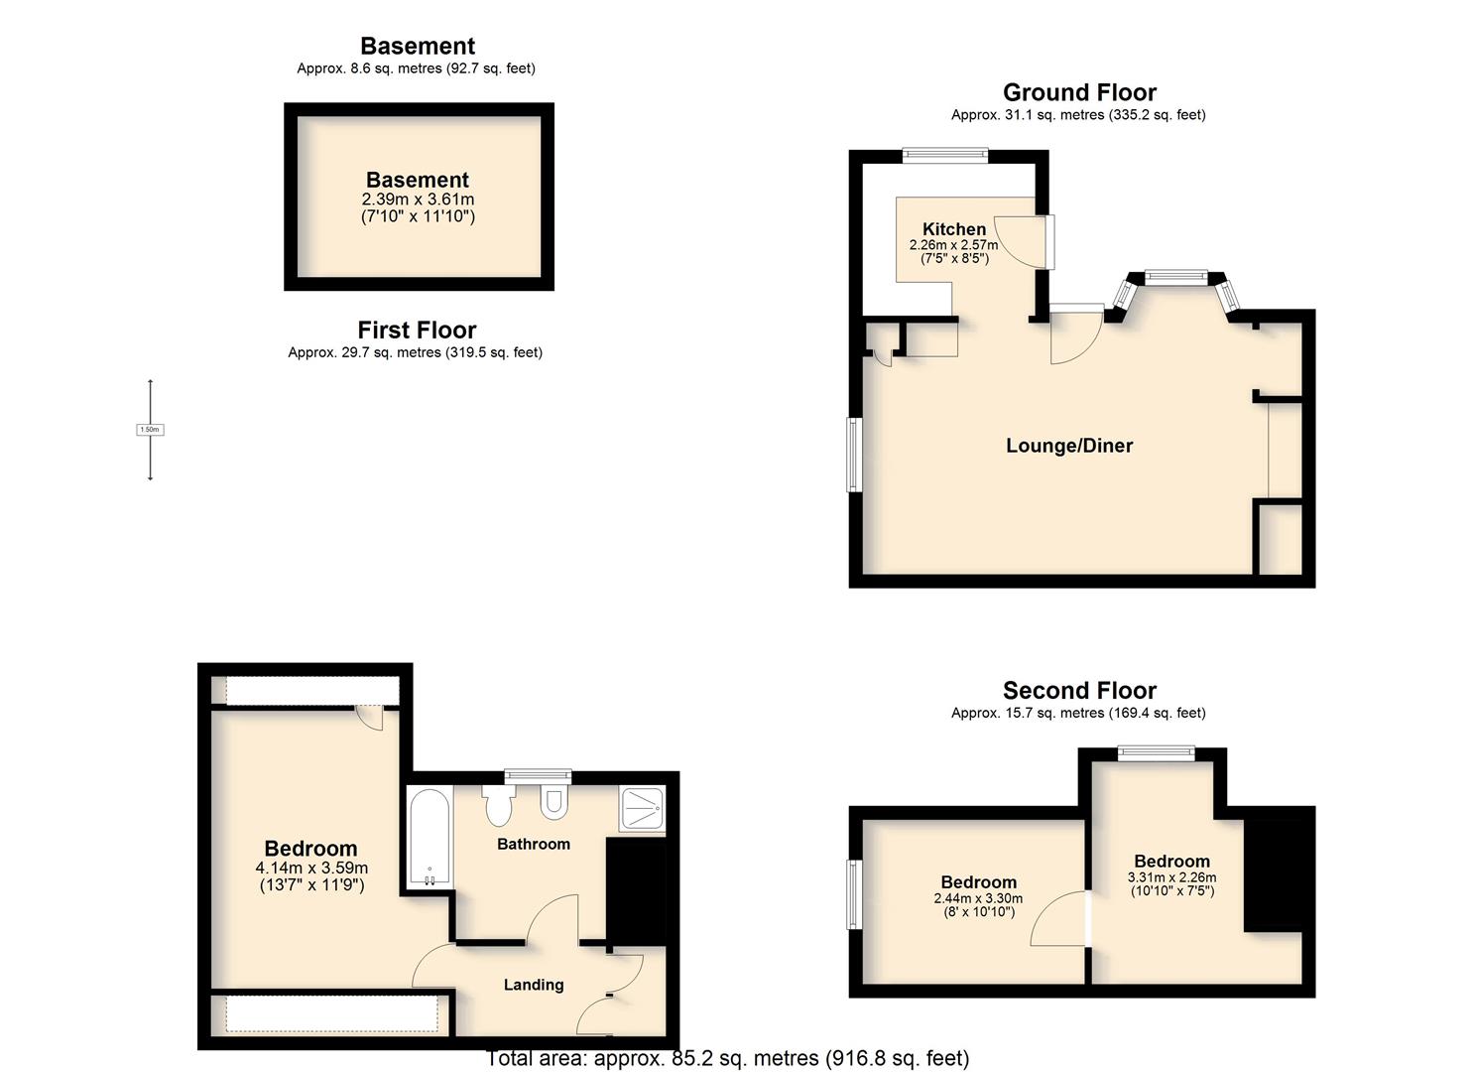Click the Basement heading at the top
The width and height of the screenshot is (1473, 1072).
click(x=418, y=46)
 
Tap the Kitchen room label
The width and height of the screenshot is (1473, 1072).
click(x=954, y=229)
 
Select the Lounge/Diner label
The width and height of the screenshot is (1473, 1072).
click(x=1069, y=446)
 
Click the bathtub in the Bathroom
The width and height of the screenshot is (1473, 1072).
click(x=430, y=837)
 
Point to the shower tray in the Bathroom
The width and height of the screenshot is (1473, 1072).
click(x=643, y=808)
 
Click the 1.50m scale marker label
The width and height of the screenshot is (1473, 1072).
click(x=150, y=430)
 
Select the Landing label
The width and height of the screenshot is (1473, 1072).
click(x=534, y=985)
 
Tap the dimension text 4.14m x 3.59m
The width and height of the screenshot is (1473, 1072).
click(x=311, y=868)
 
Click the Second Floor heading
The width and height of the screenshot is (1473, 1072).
click(x=1079, y=690)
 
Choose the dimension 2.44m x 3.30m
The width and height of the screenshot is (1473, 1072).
click(x=978, y=899)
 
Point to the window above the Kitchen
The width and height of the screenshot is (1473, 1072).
click(x=945, y=155)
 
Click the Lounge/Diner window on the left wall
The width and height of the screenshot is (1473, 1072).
click(x=854, y=454)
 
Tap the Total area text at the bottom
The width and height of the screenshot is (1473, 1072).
click(x=727, y=1058)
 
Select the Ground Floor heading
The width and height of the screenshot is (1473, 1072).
click(x=1079, y=92)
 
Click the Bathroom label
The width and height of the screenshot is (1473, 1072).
click(x=534, y=844)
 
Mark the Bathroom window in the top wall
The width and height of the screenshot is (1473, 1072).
click(x=538, y=776)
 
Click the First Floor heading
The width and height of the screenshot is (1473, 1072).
click(x=417, y=330)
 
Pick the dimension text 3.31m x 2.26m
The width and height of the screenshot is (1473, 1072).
click(x=1171, y=877)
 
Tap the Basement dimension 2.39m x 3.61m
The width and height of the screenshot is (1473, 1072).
click(x=418, y=199)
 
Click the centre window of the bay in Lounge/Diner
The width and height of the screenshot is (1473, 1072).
click(x=1176, y=277)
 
